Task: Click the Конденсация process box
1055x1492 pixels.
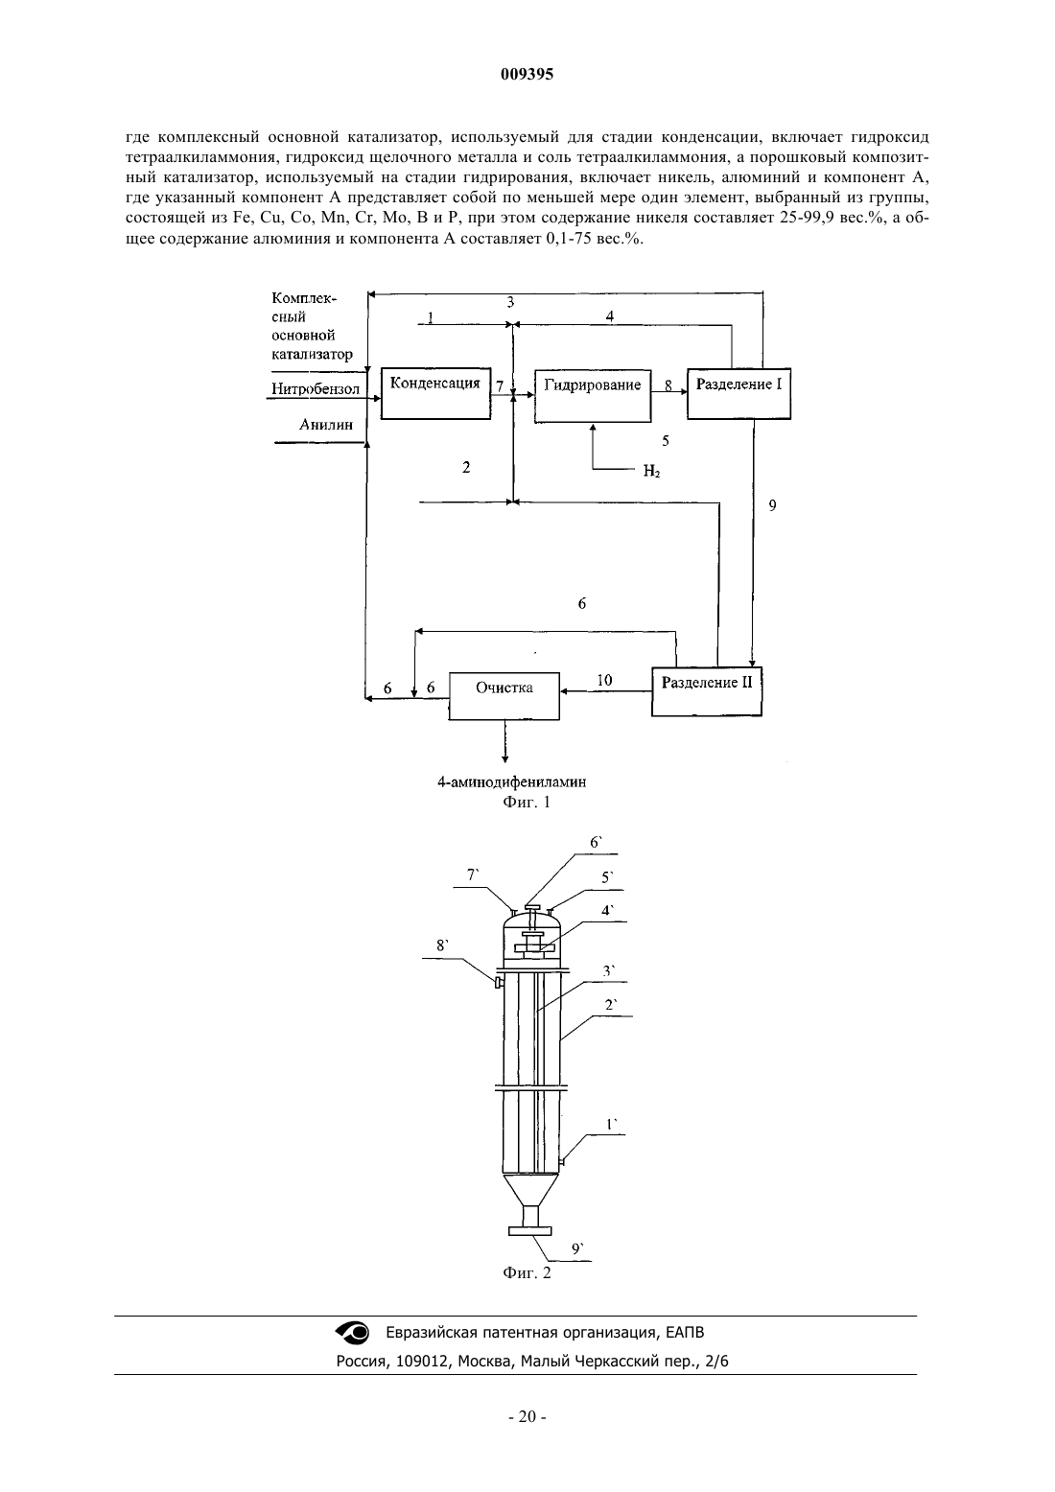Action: point(435,393)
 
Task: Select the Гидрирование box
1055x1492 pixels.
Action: point(593,396)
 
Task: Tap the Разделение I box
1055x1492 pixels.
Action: point(739,394)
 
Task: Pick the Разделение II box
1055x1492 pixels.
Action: point(707,691)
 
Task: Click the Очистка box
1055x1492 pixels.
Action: point(504,696)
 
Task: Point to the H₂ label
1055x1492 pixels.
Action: point(651,472)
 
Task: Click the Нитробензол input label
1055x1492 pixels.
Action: point(316,389)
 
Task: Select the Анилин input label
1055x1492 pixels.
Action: point(326,425)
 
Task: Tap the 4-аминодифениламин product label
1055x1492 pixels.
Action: point(511,782)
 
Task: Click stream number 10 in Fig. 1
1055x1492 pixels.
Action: point(604,680)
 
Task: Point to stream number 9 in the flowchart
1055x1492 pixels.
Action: point(773,505)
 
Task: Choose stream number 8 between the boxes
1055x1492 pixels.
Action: point(668,385)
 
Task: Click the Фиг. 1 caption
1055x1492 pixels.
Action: point(527,802)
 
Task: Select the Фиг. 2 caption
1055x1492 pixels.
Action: point(527,1272)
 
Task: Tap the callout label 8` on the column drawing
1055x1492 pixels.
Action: point(443,945)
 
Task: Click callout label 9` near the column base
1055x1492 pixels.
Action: point(578,1249)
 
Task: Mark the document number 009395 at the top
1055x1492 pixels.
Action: point(527,75)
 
